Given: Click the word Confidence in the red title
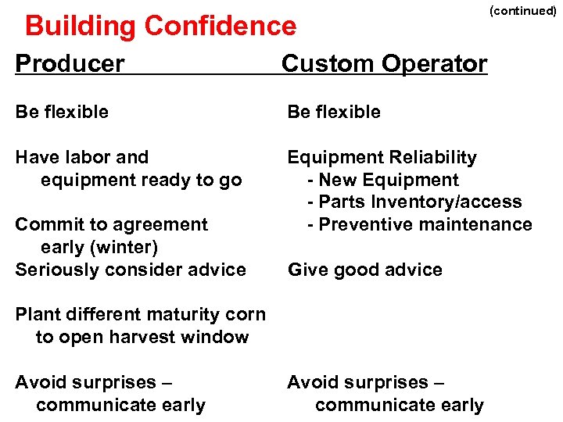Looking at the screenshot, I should [x=221, y=27].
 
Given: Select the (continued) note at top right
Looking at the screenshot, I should [x=522, y=11].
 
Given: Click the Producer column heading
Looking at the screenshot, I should [x=70, y=63].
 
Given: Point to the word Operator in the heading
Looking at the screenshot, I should [x=438, y=63].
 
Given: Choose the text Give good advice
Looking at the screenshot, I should [x=365, y=270].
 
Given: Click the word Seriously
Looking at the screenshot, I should [x=52, y=270].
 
